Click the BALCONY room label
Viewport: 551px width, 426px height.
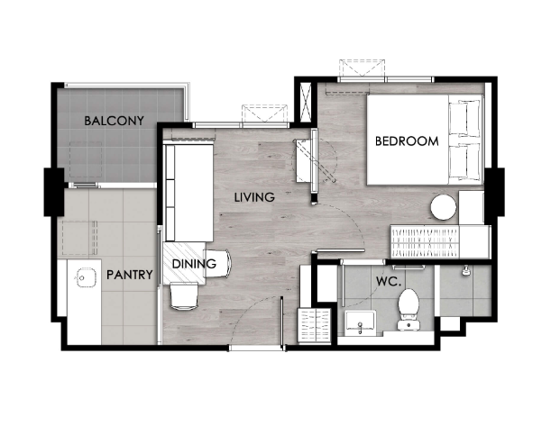point(114,121)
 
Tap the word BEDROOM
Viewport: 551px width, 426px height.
point(407,141)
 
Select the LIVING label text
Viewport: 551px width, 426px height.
point(254,197)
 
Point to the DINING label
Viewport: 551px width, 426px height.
point(194,264)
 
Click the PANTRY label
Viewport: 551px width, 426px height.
point(130,275)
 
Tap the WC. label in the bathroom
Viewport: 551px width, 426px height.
point(389,281)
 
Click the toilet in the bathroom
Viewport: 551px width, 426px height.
point(409,309)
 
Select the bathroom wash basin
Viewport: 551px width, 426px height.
point(360,322)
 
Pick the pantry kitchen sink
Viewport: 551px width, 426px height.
point(85,277)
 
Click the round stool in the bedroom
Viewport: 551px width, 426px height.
point(444,207)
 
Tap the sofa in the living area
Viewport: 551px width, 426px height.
point(189,193)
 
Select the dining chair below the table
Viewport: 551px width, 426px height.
point(184,296)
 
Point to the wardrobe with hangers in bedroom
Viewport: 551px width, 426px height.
point(425,241)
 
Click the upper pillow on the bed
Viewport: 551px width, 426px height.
point(464,118)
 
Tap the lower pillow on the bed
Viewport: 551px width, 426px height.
point(464,160)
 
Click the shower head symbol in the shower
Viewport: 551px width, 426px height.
point(466,270)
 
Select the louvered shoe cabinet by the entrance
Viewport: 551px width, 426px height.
point(315,325)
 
